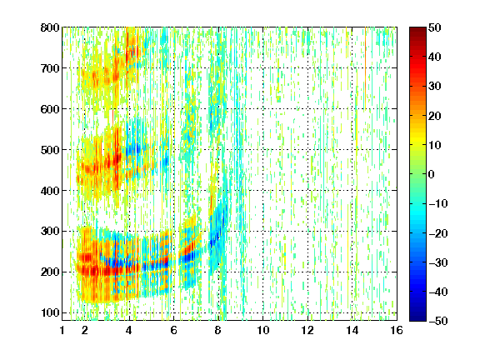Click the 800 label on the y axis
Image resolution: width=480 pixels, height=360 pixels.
[50, 27]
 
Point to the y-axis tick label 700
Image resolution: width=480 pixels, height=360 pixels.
[50, 68]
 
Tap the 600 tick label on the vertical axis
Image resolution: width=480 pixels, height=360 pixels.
[50, 109]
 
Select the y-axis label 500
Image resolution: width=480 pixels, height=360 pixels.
[50, 150]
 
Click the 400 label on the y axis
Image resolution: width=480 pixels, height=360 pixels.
[50, 190]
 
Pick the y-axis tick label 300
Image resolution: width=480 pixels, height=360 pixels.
[50, 231]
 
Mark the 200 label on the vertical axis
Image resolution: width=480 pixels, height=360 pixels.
[50, 272]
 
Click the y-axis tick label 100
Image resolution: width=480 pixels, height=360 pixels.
[50, 312]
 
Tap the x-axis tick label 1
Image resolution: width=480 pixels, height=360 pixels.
[62, 330]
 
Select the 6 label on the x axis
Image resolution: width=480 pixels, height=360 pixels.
[174, 330]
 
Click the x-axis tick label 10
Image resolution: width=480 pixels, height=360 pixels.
[263, 330]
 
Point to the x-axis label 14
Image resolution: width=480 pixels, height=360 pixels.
[352, 330]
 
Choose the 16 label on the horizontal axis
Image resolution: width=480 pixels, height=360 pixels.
[397, 330]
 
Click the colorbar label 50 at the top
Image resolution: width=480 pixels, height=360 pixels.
[435, 27]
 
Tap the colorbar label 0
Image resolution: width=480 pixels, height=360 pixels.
[432, 174]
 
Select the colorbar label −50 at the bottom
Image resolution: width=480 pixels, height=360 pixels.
[438, 321]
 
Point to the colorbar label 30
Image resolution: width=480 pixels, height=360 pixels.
[435, 87]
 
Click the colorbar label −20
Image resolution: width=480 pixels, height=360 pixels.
[438, 233]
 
